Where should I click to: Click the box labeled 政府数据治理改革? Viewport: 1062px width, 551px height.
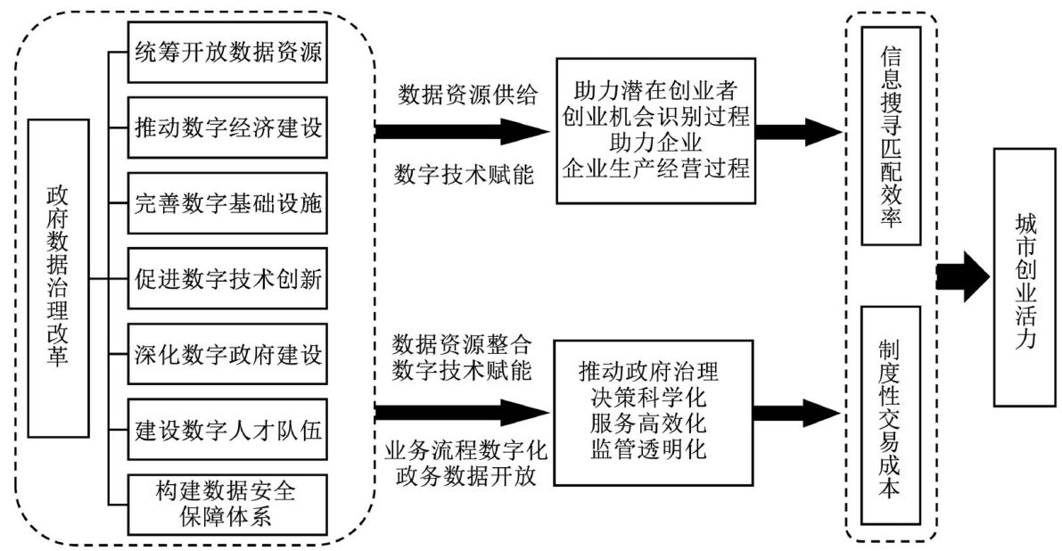pyautogui.click(x=58, y=276)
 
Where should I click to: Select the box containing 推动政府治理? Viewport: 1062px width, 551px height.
pyautogui.click(x=654, y=412)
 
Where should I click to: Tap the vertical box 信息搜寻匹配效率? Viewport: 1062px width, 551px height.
pyautogui.click(x=890, y=134)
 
